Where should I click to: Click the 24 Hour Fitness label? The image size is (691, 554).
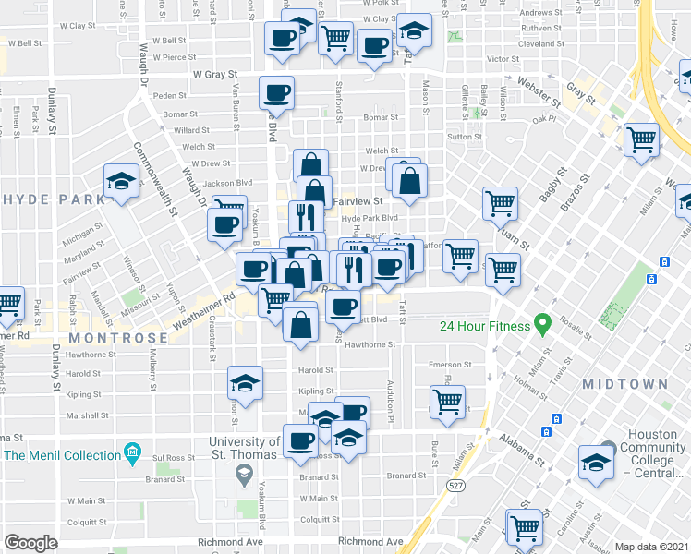click(x=484, y=325)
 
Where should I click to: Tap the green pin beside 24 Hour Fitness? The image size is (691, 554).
click(x=543, y=325)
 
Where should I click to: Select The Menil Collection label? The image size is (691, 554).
click(x=62, y=454)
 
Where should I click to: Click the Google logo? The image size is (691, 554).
click(x=31, y=542)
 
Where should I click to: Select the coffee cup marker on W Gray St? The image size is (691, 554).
click(x=277, y=92)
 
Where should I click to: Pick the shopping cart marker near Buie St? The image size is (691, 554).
click(x=448, y=403)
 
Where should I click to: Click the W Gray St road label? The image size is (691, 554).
click(x=215, y=74)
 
